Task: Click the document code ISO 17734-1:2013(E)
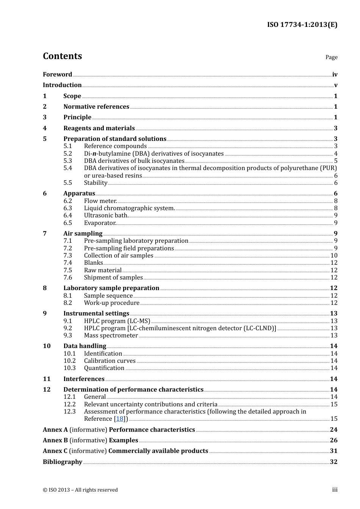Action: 302,25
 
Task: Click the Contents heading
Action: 62,56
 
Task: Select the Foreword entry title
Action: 57,75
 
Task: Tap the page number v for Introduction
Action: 335,85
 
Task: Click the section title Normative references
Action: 96,107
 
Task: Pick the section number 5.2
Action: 67,154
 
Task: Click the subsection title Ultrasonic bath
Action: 106,215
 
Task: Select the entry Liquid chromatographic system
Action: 129,208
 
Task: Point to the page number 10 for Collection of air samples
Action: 334,256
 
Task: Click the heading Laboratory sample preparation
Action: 111,288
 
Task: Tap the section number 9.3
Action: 67,336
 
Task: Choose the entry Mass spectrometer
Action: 111,336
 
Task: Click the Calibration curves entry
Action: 110,361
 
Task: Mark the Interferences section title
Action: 84,379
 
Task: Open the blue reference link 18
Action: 120,419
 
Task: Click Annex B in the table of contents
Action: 55,440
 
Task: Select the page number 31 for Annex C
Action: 333,451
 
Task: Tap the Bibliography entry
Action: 63,462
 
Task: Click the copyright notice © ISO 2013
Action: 80,490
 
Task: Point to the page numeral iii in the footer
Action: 335,490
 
